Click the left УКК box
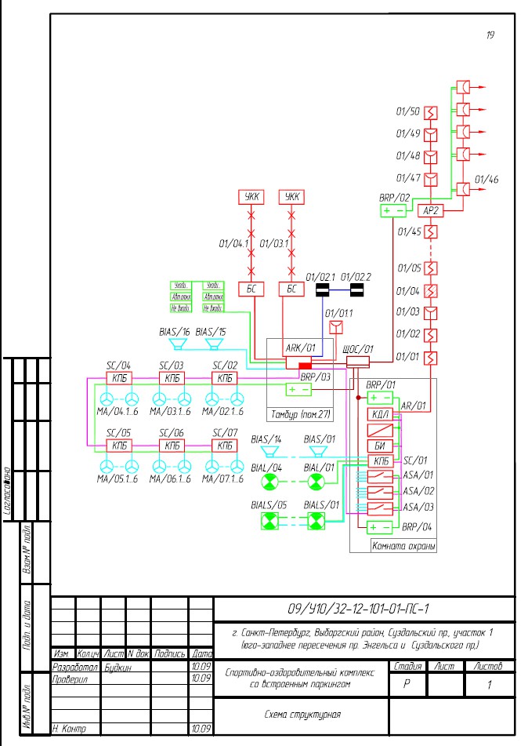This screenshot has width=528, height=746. (251, 196)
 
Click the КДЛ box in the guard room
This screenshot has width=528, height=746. (378, 415)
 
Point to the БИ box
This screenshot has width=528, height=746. (378, 446)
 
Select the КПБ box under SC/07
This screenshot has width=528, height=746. (225, 446)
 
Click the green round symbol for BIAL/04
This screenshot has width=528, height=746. (270, 481)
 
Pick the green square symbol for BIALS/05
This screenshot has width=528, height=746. (270, 519)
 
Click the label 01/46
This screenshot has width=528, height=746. (486, 180)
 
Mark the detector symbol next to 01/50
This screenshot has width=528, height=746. (430, 111)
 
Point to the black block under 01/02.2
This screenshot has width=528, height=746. (356, 291)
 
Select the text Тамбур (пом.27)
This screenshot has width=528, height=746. (300, 412)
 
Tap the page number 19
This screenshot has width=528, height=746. (490, 35)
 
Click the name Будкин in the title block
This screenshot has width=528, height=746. (118, 667)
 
